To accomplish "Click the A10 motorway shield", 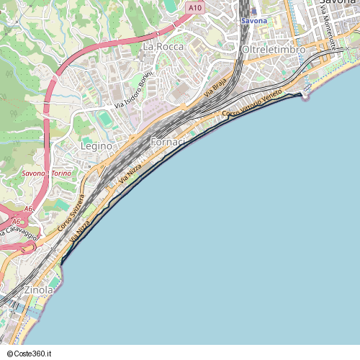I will tap(194, 7).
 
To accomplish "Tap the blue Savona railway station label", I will tap(253, 21).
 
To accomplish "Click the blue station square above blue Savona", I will tap(253, 12).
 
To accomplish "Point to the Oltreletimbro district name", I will tap(274, 49).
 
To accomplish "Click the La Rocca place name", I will tap(163, 46).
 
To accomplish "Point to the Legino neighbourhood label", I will tap(96, 145).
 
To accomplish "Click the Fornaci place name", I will tap(168, 143).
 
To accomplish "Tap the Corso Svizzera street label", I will tap(72, 212).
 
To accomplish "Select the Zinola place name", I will tap(39, 289).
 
